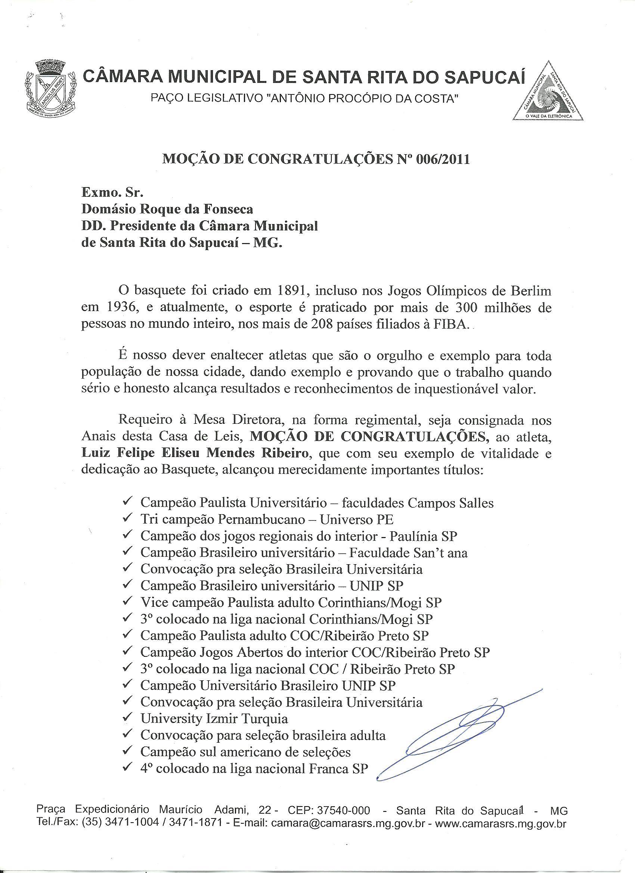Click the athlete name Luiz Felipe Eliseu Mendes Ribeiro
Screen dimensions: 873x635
pyautogui.click(x=195, y=453)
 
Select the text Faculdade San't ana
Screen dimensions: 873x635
pyautogui.click(x=408, y=553)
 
